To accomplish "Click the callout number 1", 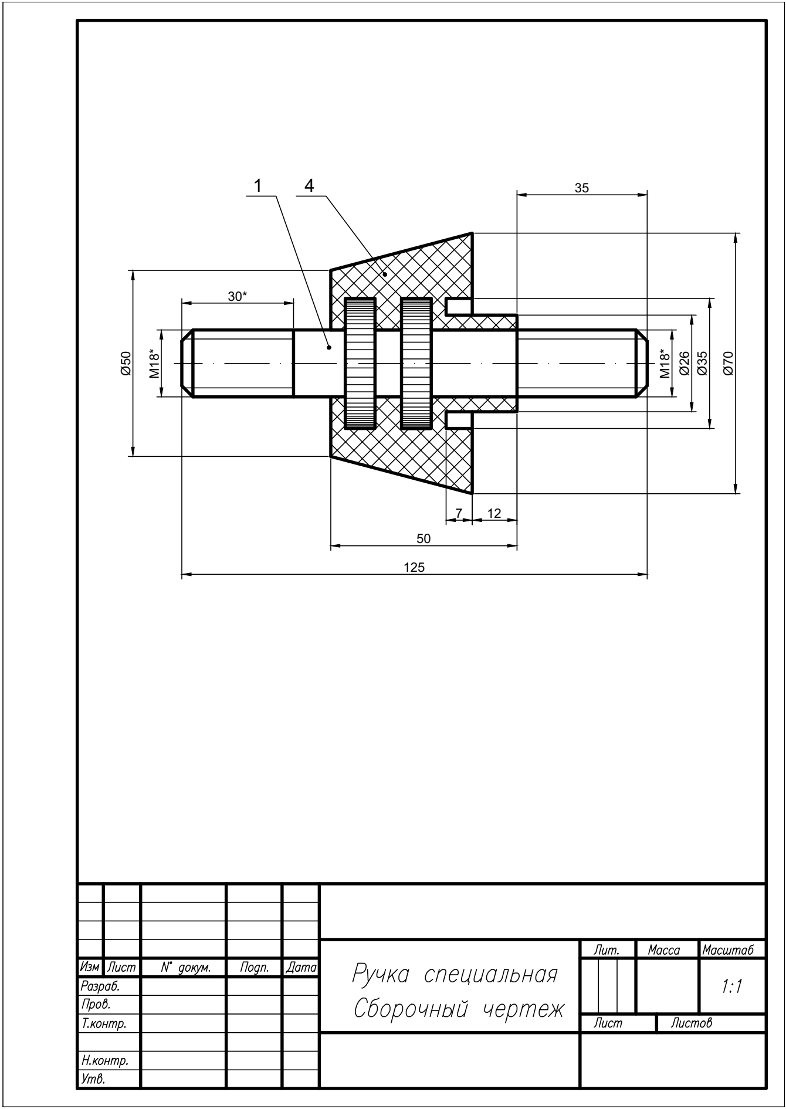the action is [x=258, y=185].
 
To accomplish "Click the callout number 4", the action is [x=309, y=185].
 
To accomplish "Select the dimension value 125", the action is [x=414, y=567].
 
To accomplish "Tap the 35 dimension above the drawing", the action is [x=581, y=188].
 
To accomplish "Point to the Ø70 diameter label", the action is [x=729, y=363].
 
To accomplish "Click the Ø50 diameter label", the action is [x=125, y=363].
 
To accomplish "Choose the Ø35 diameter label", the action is [x=702, y=363].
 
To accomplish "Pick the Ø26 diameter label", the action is [x=684, y=363].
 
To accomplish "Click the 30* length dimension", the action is [x=237, y=297].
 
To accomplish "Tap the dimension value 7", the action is [x=459, y=513].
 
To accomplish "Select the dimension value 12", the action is [x=494, y=513].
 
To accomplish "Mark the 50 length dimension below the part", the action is [x=423, y=539].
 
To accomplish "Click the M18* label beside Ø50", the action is [x=154, y=364].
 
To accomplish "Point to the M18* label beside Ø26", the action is [x=664, y=364].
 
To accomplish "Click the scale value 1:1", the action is [x=731, y=986].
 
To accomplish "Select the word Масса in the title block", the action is [x=664, y=950].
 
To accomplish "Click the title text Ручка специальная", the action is [x=455, y=975].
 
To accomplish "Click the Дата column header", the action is [x=301, y=968].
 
